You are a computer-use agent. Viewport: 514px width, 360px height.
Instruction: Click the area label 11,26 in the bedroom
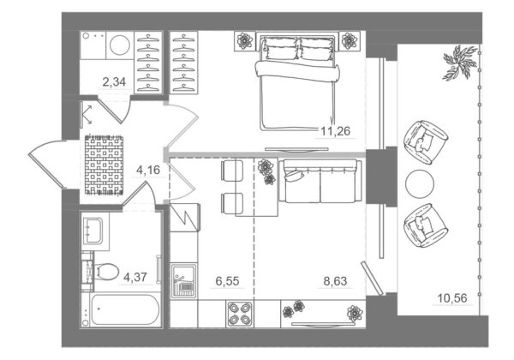point(335,131)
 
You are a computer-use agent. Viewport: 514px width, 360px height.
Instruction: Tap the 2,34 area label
point(114,81)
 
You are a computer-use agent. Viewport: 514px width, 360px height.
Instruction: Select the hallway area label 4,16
point(148,170)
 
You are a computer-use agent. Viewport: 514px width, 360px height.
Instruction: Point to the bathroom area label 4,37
point(135,278)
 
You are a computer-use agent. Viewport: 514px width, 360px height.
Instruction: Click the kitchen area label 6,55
point(227,281)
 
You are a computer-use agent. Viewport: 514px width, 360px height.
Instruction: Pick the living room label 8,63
point(335,281)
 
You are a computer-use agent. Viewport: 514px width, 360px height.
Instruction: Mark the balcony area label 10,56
point(452,298)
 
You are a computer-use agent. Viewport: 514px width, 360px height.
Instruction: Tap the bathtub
point(124,309)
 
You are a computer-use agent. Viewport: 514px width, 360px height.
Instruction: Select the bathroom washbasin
point(93,231)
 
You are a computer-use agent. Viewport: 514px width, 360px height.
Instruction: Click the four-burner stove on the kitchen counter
point(240,314)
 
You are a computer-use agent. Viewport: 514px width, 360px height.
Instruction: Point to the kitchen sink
point(183,281)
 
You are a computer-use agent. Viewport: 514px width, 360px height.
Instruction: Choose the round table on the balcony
point(420,183)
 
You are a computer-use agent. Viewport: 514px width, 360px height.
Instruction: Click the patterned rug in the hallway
point(105,165)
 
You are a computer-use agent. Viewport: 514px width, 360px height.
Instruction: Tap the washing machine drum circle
point(120,45)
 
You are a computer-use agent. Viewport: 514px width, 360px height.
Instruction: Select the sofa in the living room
point(320,181)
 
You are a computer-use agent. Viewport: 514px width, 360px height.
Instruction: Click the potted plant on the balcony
point(459,63)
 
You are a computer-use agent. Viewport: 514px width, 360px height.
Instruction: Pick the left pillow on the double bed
point(281,49)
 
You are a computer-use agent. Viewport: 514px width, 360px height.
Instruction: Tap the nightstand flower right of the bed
point(350,40)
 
